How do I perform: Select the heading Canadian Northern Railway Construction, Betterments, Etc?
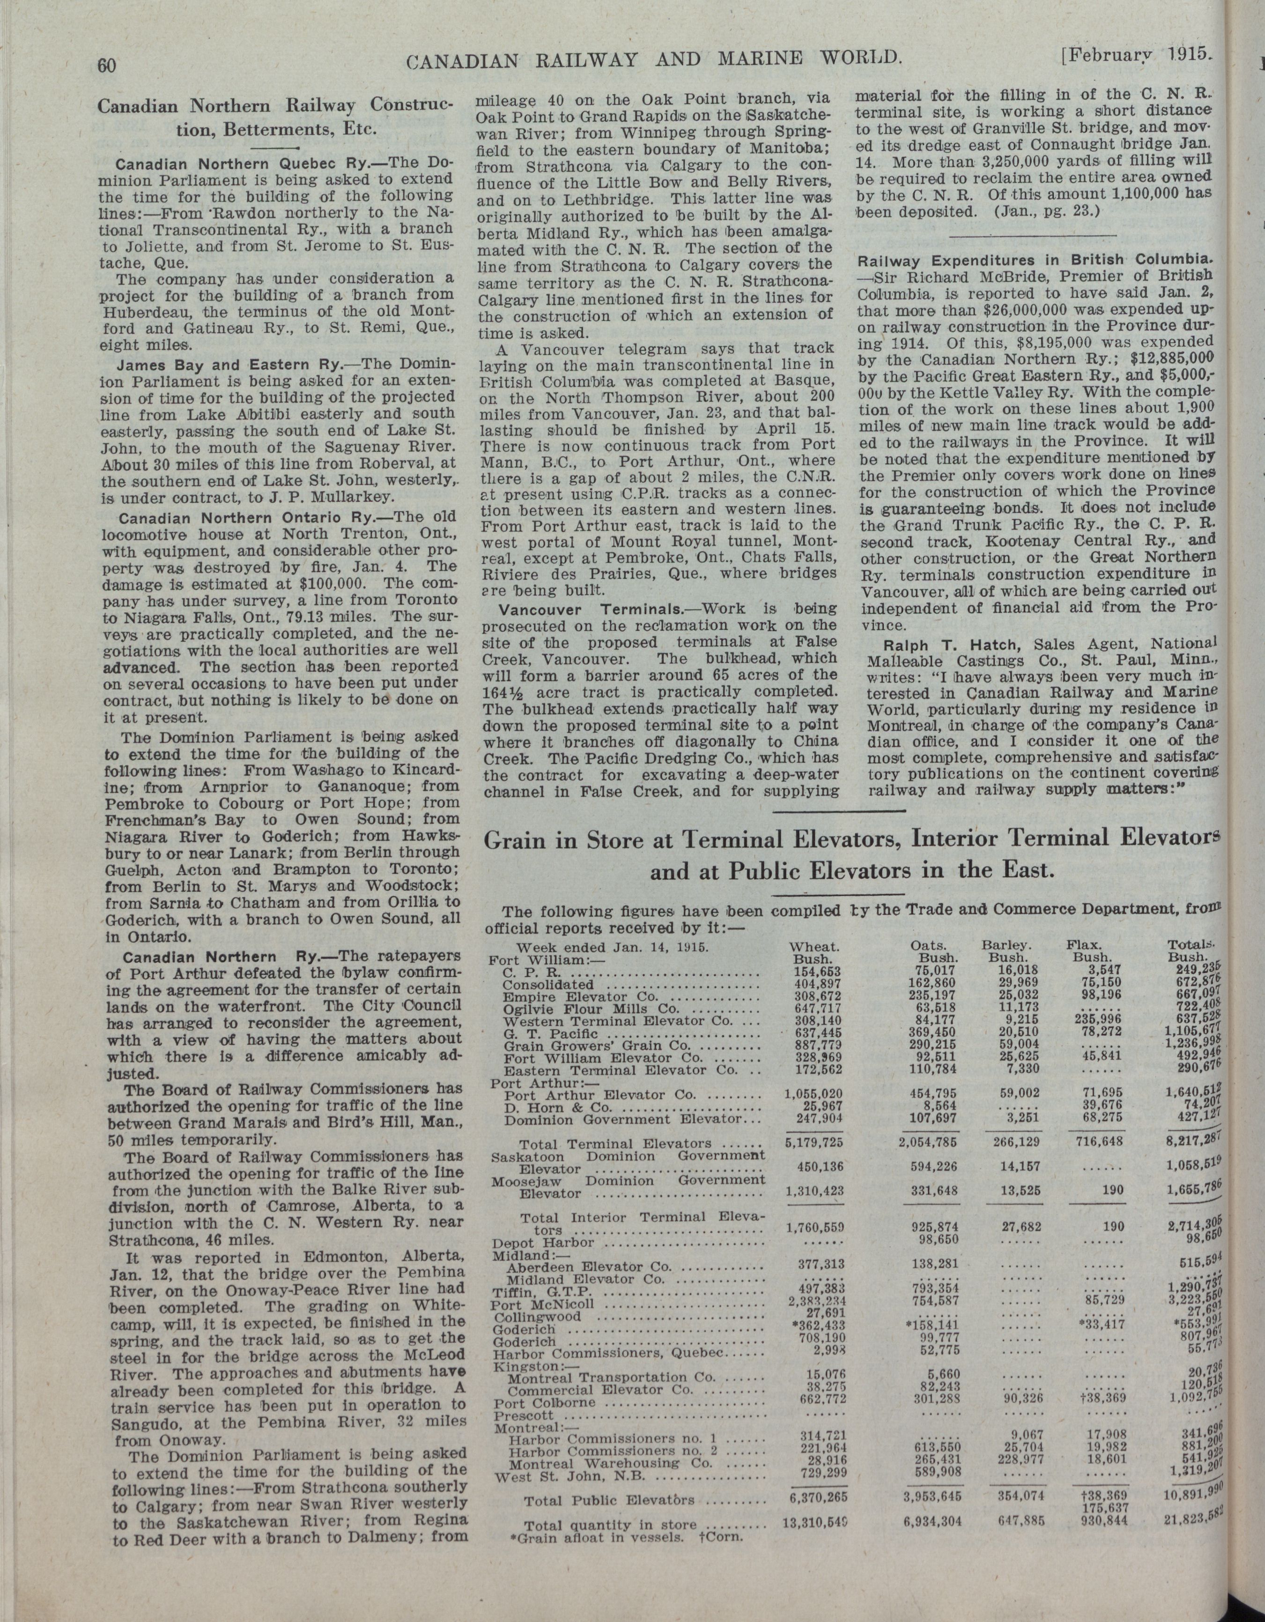pyautogui.click(x=275, y=117)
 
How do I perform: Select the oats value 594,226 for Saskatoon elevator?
pyautogui.click(x=934, y=1167)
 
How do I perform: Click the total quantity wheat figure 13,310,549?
pyautogui.click(x=814, y=1518)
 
